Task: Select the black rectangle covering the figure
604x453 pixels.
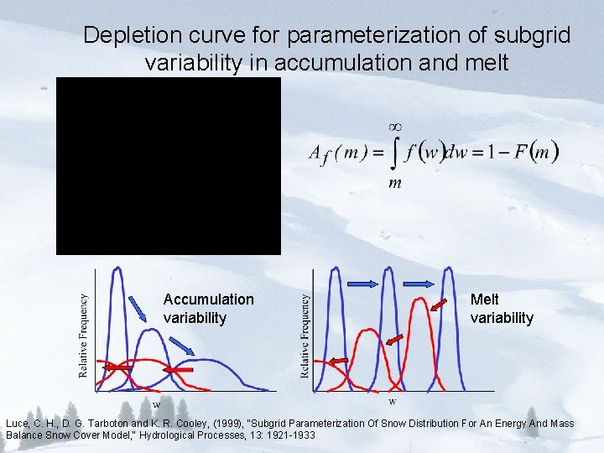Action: [168, 165]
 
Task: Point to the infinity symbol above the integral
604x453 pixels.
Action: [394, 126]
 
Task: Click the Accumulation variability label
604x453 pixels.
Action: [208, 308]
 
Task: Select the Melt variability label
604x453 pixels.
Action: [502, 308]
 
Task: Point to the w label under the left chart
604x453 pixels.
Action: [156, 404]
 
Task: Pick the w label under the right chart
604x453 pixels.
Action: [393, 400]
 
